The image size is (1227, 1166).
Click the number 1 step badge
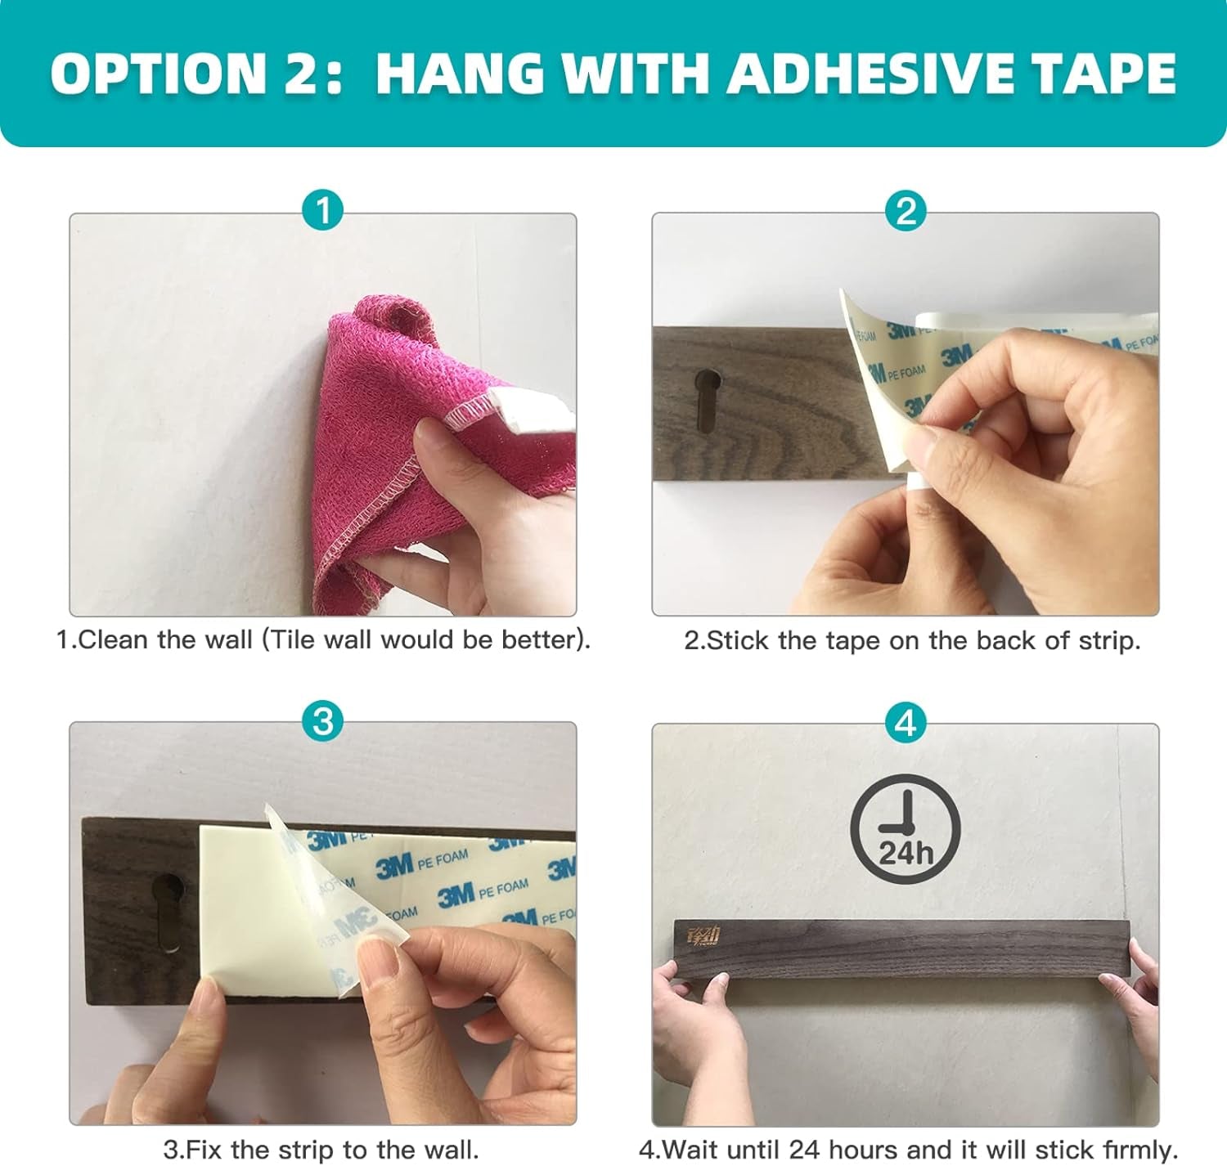pos(322,210)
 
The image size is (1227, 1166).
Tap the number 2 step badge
pos(906,210)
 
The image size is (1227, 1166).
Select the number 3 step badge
pos(322,720)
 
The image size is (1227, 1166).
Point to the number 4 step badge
pos(906,723)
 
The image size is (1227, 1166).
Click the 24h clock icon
pos(905,828)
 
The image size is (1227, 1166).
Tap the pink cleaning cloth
pos(430,449)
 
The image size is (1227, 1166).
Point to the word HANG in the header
pos(460,74)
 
